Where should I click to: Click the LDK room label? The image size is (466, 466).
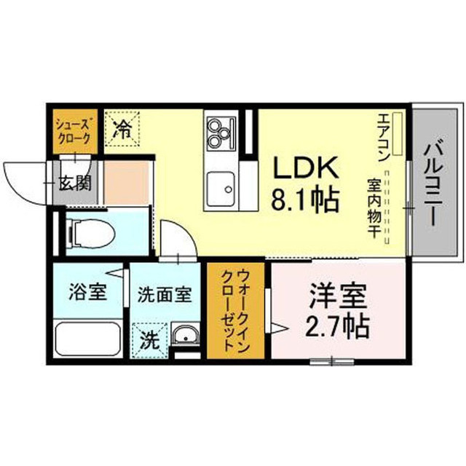point(306,167)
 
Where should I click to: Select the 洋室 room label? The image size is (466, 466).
point(337,296)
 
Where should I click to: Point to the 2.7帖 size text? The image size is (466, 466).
point(337,326)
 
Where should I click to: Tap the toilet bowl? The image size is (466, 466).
point(91,233)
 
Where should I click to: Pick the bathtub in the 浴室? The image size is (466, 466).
point(88,339)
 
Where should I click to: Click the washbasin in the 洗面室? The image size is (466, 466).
point(186,335)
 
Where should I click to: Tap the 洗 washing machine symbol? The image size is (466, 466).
point(150,340)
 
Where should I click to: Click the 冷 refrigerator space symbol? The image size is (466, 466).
point(122,128)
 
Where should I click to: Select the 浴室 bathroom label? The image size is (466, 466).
point(87,291)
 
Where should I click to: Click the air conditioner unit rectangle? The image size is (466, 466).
point(397,134)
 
